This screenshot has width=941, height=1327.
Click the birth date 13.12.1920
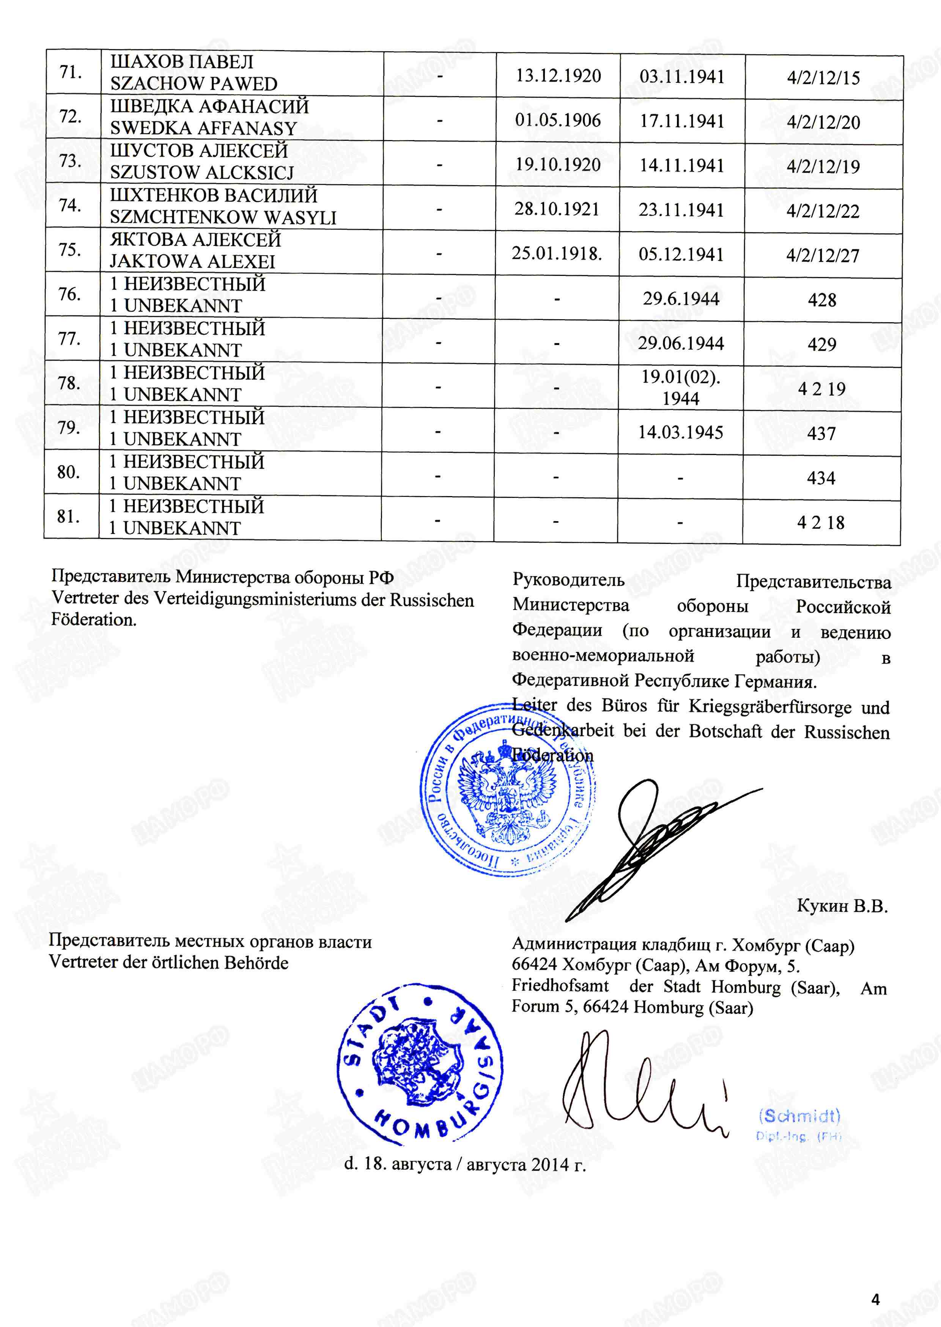tap(558, 76)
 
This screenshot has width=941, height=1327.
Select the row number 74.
tap(69, 205)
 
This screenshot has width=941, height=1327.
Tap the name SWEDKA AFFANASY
tap(203, 128)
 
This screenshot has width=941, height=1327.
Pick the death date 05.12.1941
tap(681, 254)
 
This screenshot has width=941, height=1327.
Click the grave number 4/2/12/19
tap(823, 167)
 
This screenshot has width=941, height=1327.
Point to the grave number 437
tap(821, 433)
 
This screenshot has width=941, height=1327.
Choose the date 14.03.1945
tap(680, 432)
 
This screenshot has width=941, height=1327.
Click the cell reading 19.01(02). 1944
tap(680, 387)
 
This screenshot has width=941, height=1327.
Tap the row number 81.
tap(68, 516)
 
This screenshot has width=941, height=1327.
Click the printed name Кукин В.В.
tap(842, 906)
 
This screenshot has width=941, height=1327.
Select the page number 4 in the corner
tap(875, 1299)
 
